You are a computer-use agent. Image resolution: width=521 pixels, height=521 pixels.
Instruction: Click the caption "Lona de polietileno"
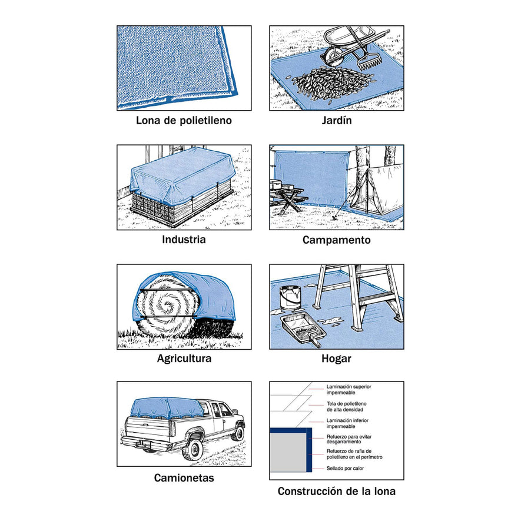click(x=184, y=120)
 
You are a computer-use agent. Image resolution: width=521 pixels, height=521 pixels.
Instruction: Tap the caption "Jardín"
click(x=337, y=120)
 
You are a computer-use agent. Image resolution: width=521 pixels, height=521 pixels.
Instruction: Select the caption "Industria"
click(x=184, y=239)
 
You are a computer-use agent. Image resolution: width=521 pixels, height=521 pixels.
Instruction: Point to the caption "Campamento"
click(x=337, y=240)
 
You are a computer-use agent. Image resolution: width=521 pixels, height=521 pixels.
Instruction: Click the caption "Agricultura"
click(x=184, y=359)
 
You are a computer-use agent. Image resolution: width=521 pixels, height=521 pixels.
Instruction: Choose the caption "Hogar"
click(x=336, y=359)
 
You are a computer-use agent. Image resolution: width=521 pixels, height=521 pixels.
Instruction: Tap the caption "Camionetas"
click(x=184, y=478)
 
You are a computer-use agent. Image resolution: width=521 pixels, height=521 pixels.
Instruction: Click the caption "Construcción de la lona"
click(x=337, y=491)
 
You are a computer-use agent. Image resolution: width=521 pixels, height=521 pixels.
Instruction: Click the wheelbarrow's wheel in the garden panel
click(x=331, y=57)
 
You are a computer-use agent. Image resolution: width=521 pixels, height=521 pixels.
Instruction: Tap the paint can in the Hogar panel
click(x=290, y=297)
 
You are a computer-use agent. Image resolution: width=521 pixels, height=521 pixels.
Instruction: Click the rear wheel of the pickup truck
click(x=193, y=449)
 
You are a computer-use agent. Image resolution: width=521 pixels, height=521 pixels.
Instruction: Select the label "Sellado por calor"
click(x=345, y=468)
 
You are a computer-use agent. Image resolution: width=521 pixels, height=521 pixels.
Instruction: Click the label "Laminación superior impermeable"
click(x=349, y=390)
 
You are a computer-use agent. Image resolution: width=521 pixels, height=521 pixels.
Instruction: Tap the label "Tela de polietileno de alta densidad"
click(x=346, y=407)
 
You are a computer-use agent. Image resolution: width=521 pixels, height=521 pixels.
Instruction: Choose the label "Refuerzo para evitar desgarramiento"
click(x=349, y=439)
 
